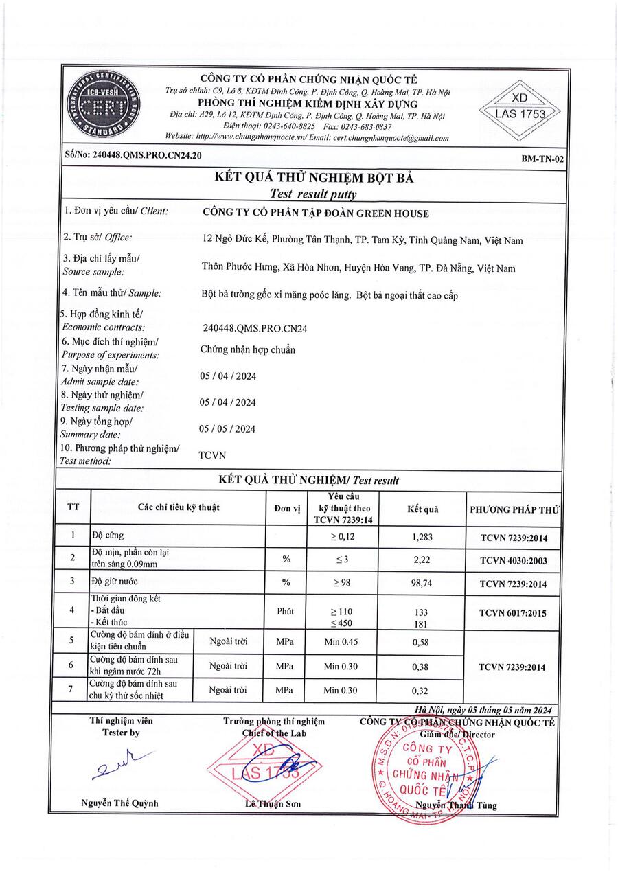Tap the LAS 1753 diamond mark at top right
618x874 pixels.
pos(520,108)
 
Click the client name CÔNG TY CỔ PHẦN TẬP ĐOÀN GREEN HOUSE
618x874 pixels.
pos(316,213)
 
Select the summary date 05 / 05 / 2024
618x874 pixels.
pos(227,429)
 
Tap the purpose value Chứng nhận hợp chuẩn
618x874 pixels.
pos(247,349)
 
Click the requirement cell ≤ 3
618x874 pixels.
pos(342,560)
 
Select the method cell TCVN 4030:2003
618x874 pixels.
pos(514,561)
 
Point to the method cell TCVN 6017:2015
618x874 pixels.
pos(514,610)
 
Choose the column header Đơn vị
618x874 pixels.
pos(287,509)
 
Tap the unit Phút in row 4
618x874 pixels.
pos(286,610)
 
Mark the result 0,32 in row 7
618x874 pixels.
pos(421,691)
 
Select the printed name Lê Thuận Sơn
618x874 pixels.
pos(274,804)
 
